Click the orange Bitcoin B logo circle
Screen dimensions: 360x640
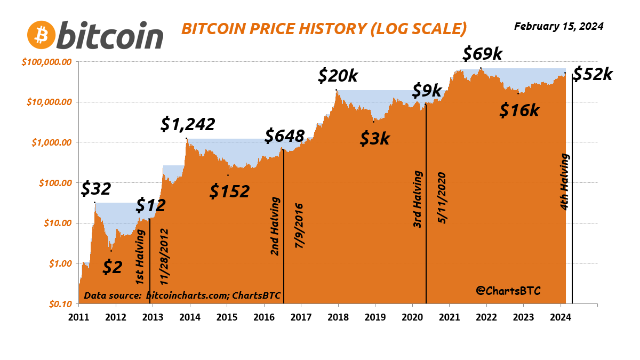pos(41,35)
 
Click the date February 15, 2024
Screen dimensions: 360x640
pos(558,26)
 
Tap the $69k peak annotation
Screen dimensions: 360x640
pos(482,54)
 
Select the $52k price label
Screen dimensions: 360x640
pos(593,75)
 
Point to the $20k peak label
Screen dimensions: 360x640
pos(338,76)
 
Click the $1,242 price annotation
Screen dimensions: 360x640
pos(188,124)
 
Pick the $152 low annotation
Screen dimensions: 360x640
pos(229,191)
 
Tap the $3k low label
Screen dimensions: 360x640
pos(375,139)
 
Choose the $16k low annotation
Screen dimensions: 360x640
pos(519,110)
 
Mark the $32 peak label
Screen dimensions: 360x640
pos(96,189)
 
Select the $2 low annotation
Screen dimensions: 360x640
pos(112,267)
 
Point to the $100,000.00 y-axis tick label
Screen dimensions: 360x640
pos(47,62)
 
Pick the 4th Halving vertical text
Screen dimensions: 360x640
pos(565,182)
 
